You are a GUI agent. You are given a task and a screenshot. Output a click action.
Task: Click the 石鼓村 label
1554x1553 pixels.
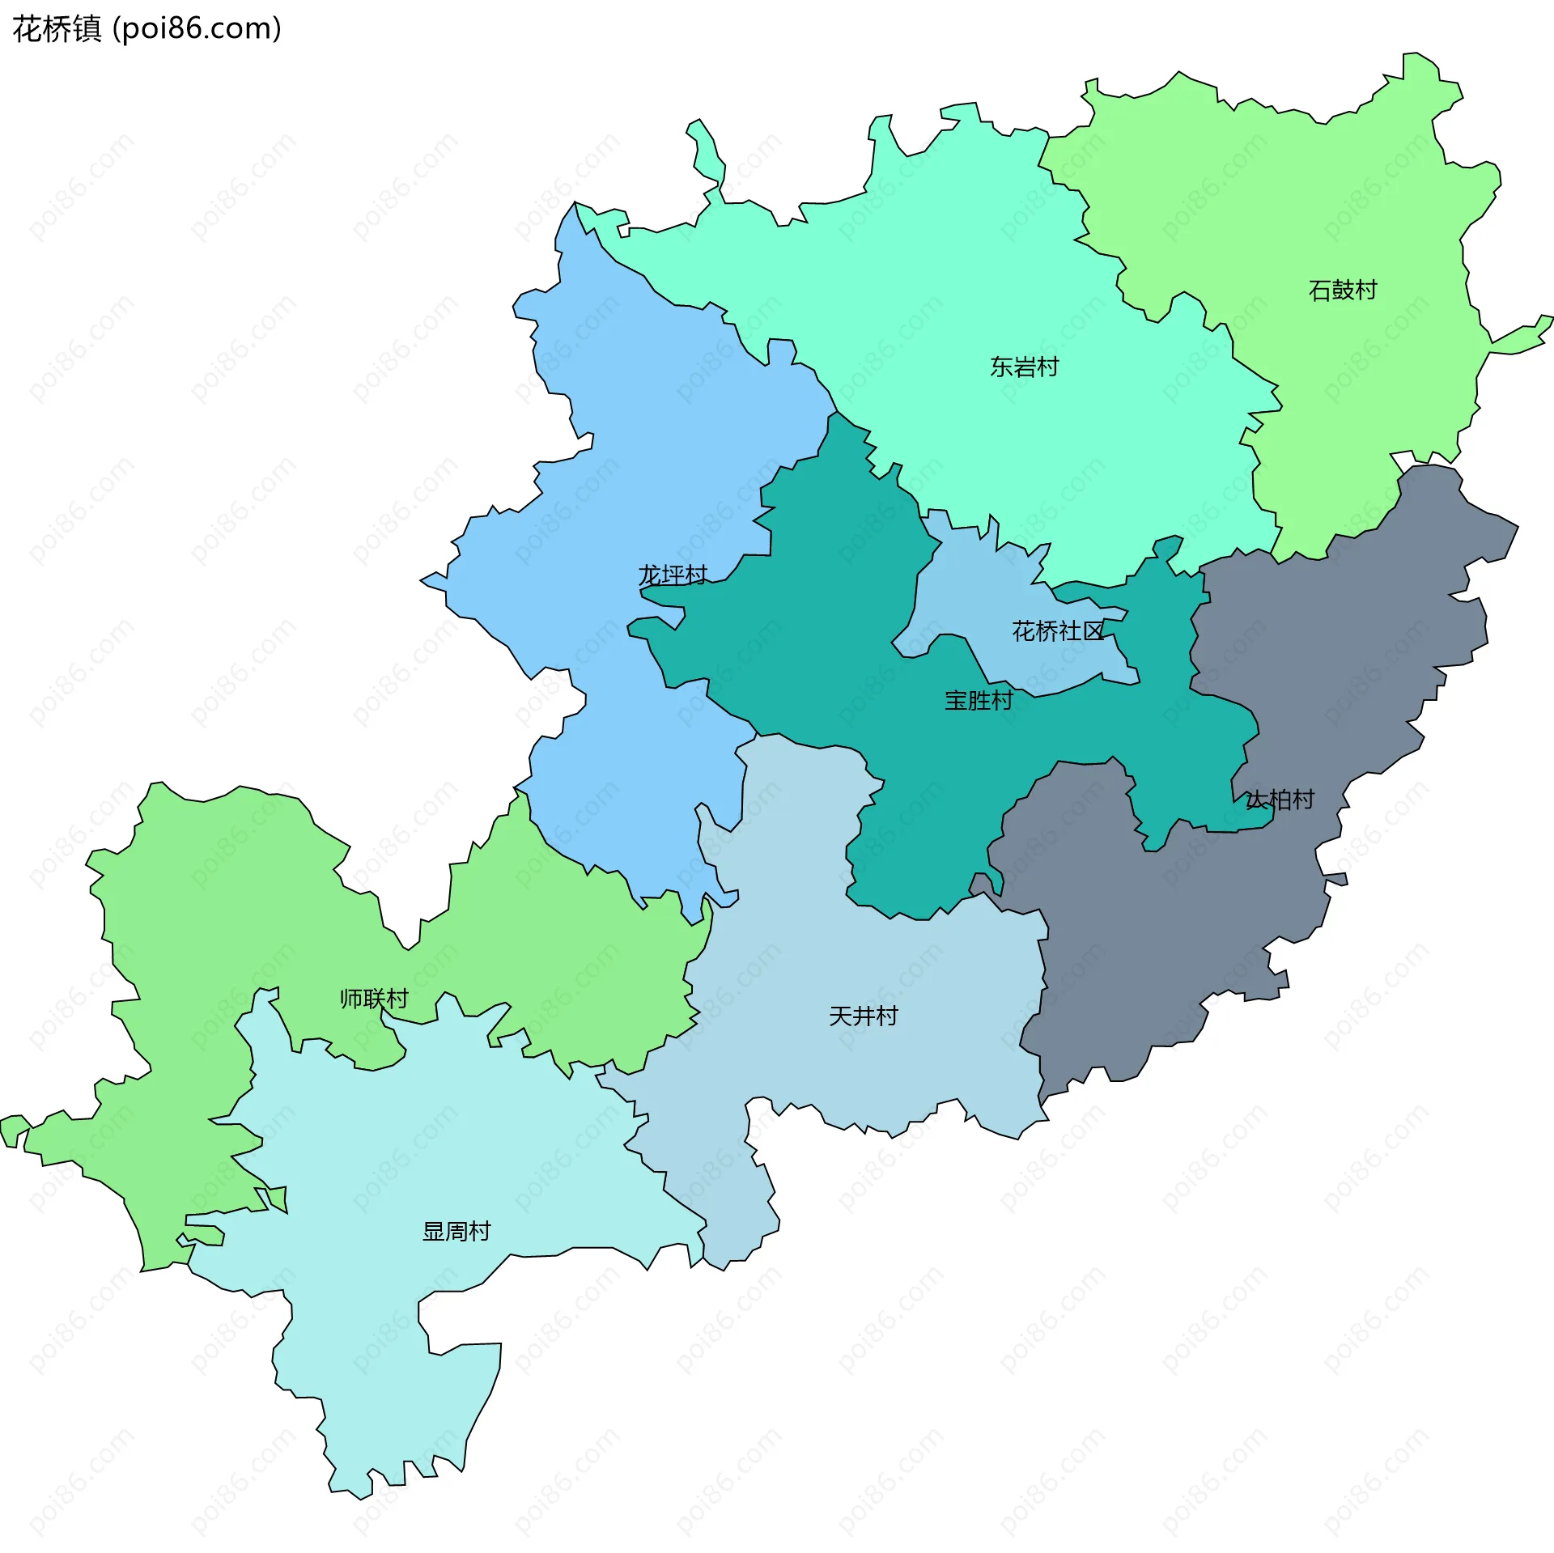click(x=1342, y=290)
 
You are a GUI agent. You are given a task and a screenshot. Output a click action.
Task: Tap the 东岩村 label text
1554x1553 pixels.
click(x=1024, y=367)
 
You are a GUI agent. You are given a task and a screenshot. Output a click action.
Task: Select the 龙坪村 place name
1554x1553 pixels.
click(x=672, y=575)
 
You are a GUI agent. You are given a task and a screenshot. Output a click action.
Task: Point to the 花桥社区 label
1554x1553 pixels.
click(x=1058, y=631)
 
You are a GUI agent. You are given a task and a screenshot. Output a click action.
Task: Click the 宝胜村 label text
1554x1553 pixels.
click(x=979, y=701)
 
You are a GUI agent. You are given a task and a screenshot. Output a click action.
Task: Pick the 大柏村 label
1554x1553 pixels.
click(x=1279, y=800)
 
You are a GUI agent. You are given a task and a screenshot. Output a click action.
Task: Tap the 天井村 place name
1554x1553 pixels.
click(x=863, y=1016)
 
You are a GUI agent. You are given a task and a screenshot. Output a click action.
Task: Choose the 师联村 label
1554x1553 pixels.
click(x=374, y=999)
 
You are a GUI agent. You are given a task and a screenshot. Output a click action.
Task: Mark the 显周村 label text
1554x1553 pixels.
click(x=456, y=1232)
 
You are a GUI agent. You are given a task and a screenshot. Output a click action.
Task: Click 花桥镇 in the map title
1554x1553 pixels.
click(x=57, y=29)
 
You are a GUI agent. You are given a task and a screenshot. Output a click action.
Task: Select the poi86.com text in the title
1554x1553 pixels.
click(x=197, y=29)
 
